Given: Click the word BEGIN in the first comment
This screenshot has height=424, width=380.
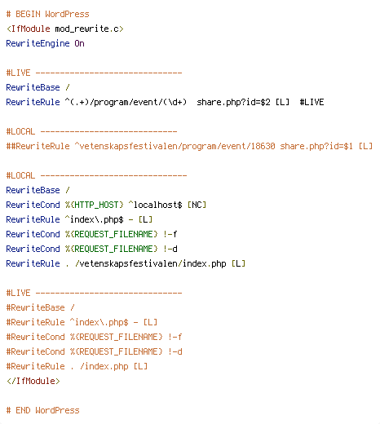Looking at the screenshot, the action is coord(28,14).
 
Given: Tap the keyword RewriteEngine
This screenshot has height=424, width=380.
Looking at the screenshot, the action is coord(38,43).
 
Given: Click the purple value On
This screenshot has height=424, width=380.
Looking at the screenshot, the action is coord(79,43).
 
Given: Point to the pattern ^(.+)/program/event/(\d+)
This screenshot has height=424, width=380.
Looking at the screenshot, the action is coord(126,102).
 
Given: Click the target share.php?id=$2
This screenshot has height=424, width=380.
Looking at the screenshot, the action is coord(233,102).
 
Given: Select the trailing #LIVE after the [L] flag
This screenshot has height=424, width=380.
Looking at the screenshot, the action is coord(312,102).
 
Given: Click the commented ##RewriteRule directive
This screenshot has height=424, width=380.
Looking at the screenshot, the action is coord(38,146).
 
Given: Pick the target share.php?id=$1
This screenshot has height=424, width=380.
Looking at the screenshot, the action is coord(316,146).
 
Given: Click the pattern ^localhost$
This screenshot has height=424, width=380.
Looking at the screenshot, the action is coord(155,205).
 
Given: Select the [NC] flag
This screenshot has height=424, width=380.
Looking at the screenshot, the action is coord(197,205).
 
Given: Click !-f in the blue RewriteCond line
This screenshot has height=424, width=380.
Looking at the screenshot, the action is coord(170,234).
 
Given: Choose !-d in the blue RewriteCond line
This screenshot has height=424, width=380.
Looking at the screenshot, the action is coord(170,249).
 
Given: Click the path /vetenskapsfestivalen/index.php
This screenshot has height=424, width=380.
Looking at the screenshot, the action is coord(150,263).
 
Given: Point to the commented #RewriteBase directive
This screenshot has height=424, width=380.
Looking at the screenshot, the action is coord(35,307).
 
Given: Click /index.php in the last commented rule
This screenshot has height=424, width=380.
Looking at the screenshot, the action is coord(104,366).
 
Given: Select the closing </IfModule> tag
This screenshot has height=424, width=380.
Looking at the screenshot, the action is coord(33,381).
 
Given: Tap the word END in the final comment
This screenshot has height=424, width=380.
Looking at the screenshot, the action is coord(23,410).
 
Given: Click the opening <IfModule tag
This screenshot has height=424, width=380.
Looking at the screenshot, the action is coord(28,29).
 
